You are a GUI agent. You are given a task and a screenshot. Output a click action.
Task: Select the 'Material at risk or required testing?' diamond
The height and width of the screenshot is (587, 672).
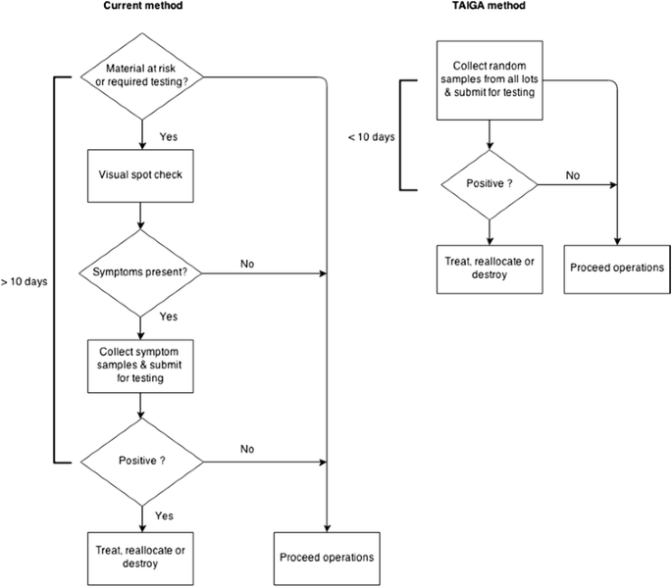point(143,74)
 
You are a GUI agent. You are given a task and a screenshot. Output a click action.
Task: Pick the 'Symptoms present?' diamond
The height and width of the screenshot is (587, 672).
point(143,270)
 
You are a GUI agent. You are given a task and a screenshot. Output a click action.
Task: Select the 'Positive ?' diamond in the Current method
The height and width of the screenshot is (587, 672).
point(143,460)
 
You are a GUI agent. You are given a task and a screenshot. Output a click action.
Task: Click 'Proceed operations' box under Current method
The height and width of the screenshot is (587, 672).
point(327,557)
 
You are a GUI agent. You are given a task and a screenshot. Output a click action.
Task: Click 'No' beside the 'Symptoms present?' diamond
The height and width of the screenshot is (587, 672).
point(246,263)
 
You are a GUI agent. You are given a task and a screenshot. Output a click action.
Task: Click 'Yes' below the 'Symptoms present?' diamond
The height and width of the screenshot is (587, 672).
point(168,317)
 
